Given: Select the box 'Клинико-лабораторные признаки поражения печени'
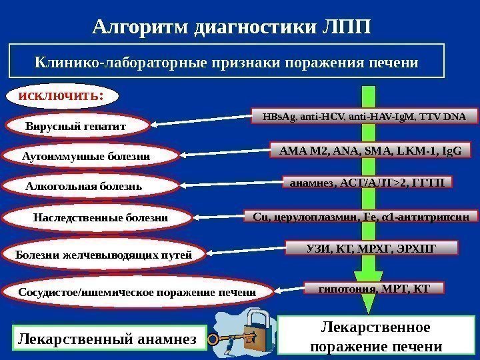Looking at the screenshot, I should coord(226,62).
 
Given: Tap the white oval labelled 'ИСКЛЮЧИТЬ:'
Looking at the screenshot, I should coord(61,95).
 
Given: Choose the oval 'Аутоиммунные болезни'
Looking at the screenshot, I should coord(94,156).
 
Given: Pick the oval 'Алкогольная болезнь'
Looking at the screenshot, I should coord(84,187).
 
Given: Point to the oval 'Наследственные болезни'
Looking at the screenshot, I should coord(100,218).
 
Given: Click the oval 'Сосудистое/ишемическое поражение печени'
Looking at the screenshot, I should coord(137,292).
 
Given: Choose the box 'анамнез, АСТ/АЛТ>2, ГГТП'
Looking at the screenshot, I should coord(367,182).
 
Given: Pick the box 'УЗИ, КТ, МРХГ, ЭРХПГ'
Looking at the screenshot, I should coord(372,249).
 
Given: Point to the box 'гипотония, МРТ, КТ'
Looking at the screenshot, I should coord(373,288).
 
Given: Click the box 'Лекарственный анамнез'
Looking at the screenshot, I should coord(106,339).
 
